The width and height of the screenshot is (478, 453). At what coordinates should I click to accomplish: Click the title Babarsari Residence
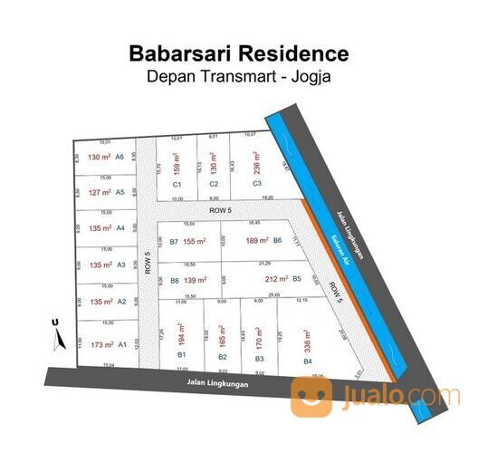tap(238, 53)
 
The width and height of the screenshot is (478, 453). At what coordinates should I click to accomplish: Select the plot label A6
tap(119, 157)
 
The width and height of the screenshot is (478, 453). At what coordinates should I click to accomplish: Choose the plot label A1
tap(122, 344)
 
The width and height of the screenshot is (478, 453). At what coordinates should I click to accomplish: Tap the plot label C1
tap(177, 184)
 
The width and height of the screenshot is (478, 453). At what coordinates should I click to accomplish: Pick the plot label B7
tap(174, 242)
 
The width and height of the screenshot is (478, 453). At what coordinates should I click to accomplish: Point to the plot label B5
tap(297, 279)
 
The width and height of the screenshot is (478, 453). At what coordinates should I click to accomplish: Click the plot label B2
tap(223, 357)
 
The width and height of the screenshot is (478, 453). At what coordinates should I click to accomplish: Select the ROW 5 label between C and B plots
tap(219, 210)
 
